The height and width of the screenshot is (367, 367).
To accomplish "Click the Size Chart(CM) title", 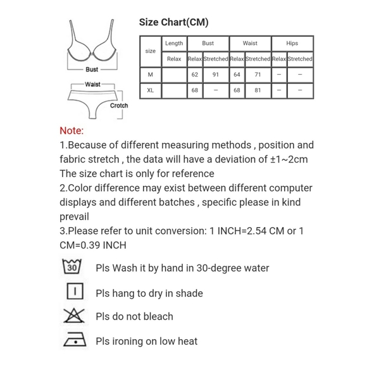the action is point(174,23).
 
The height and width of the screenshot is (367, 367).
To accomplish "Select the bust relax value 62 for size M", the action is point(195,75).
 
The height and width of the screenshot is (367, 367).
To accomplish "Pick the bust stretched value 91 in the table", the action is point(215,75).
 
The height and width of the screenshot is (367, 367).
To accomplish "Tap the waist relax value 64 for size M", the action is point(237,75).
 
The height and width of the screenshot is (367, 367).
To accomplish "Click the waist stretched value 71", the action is point(258,75).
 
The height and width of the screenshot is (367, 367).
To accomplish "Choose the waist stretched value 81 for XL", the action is point(258,90).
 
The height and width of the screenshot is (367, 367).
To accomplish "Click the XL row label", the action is point(150,90).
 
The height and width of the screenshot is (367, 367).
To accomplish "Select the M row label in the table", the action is point(150,75).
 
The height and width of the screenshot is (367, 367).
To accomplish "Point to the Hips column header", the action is point(292,44).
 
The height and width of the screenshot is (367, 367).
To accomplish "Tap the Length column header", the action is point(173,44).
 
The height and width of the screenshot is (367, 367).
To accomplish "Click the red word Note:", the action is point(72,131).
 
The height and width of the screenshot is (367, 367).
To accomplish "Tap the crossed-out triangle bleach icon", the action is point(73,316).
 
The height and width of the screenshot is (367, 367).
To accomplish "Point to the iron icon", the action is point(73,340).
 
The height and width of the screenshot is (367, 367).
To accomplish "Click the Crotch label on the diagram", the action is point(119,106).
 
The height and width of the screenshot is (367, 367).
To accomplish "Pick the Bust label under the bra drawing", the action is point(92,70).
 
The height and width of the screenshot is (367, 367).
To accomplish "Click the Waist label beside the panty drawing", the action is point(92,84).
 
